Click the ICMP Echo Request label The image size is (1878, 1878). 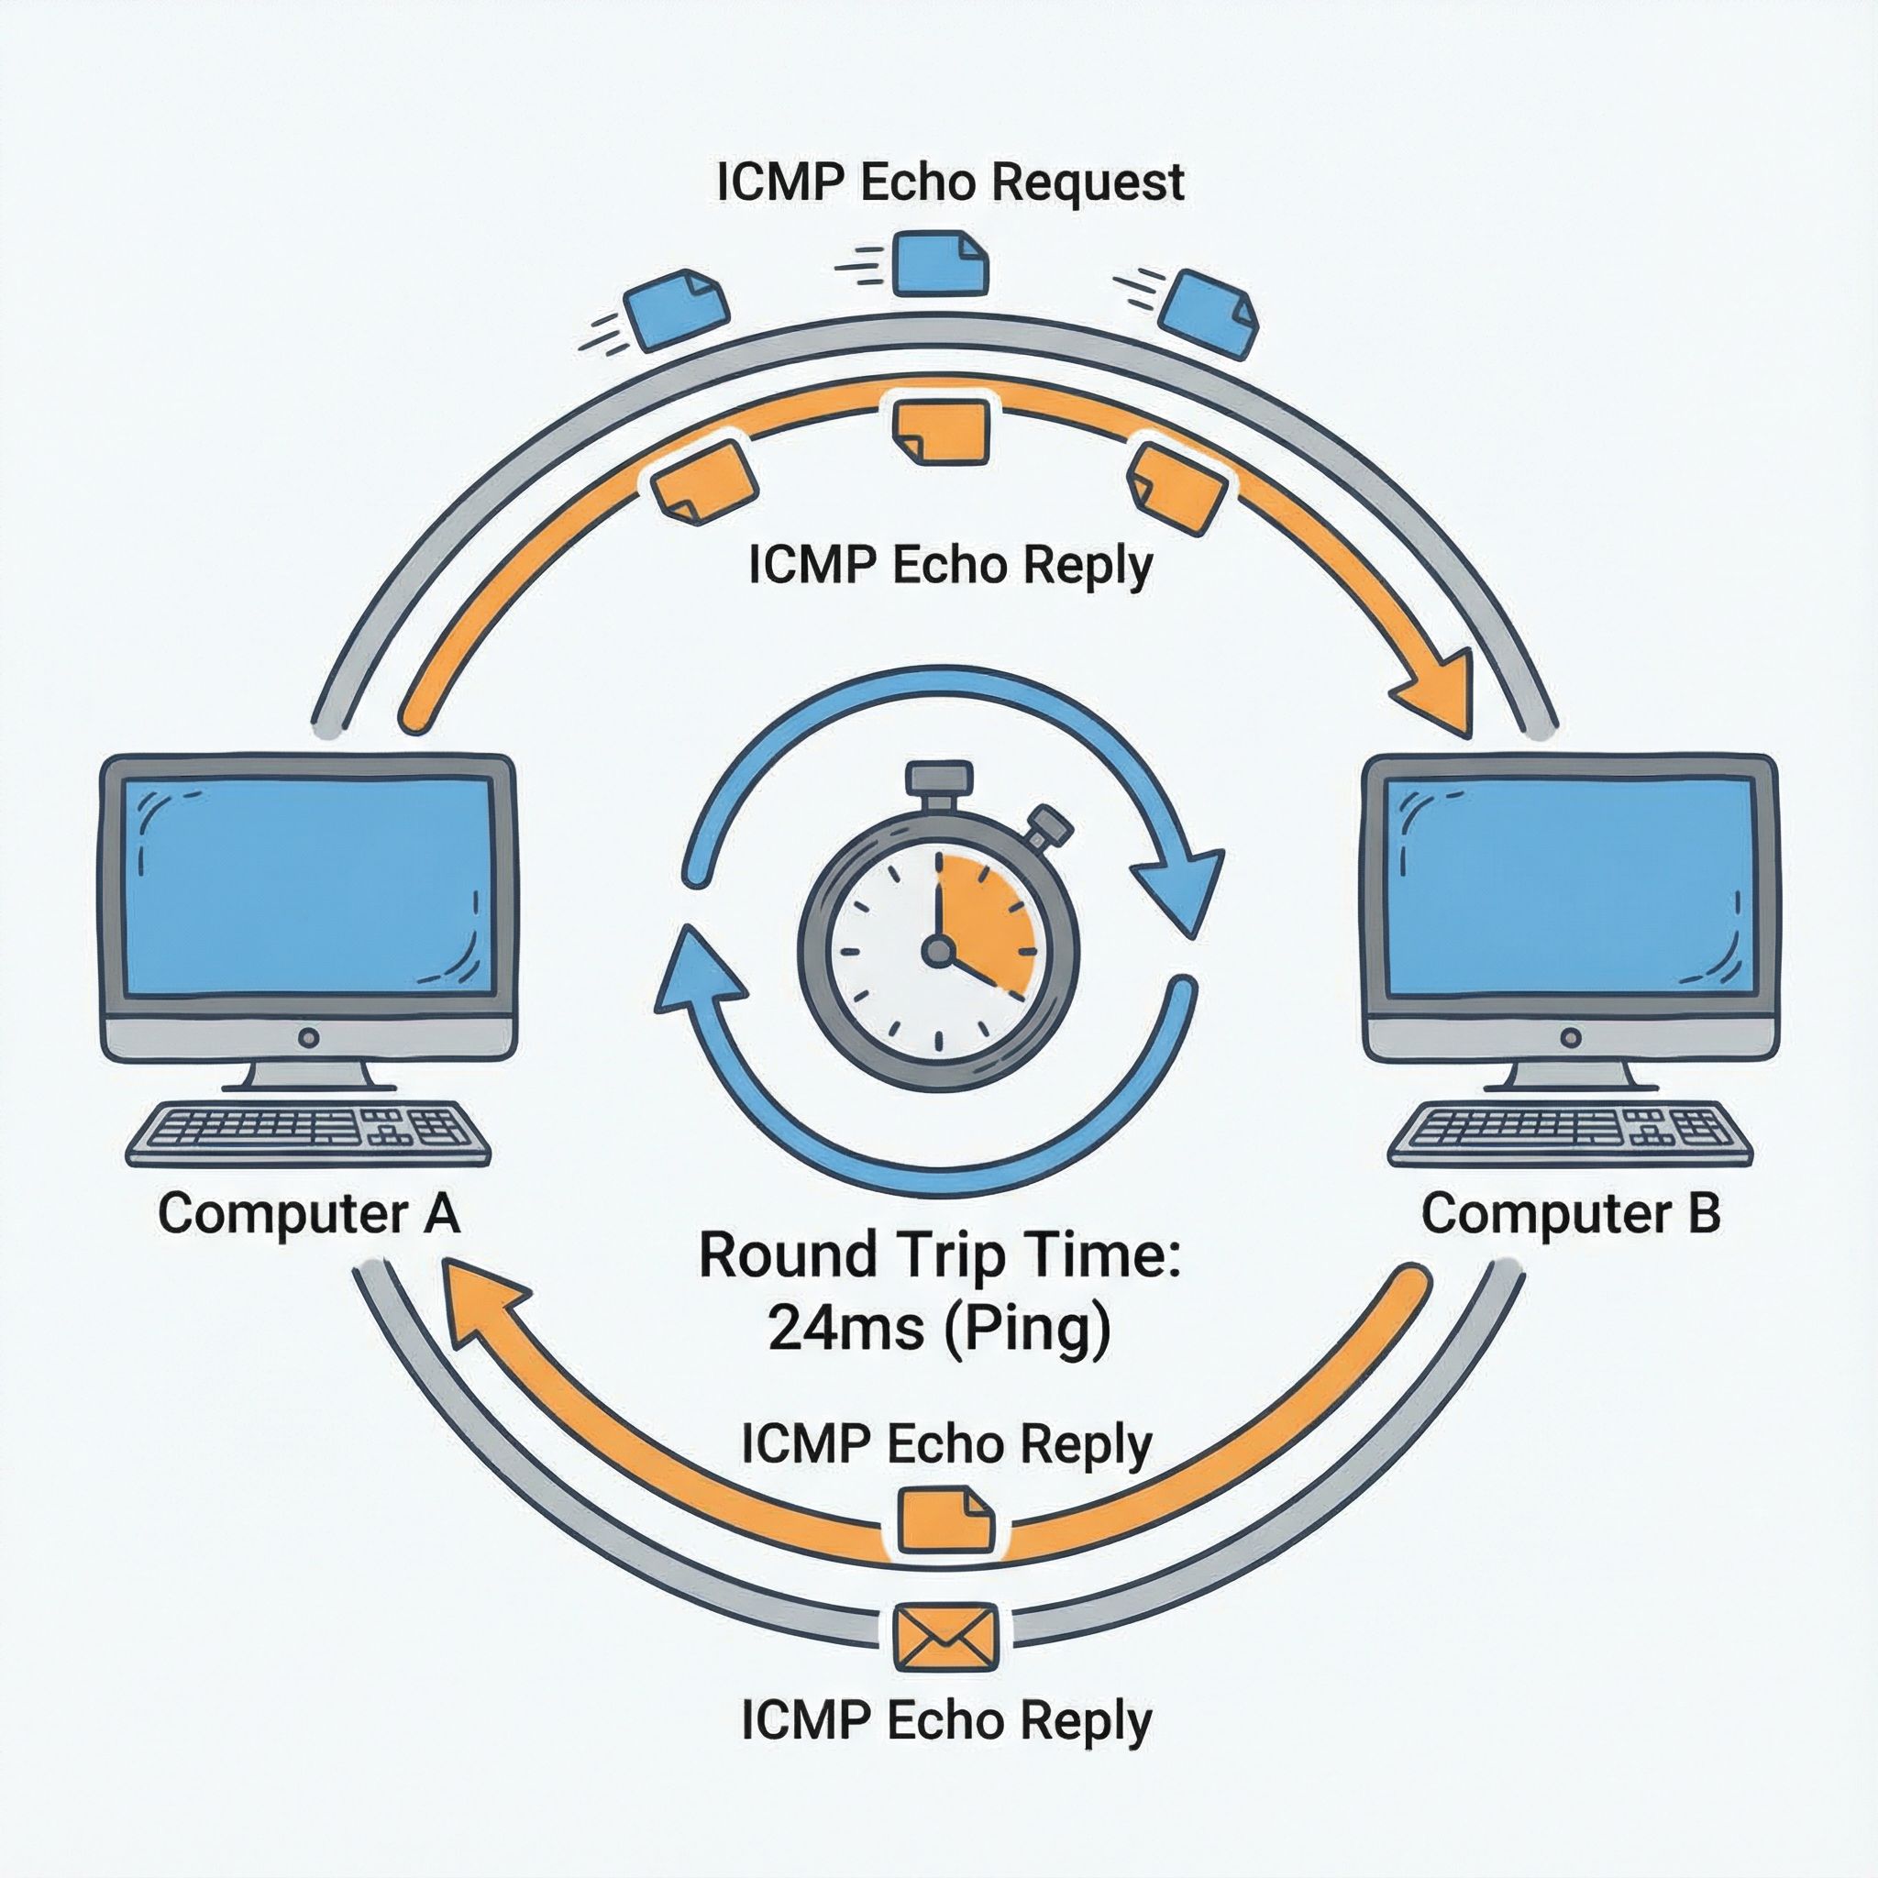point(950,182)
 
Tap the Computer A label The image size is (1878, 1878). point(308,1214)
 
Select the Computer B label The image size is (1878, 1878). point(1571,1214)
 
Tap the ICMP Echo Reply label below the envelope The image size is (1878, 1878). point(945,1721)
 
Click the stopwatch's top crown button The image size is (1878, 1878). point(938,779)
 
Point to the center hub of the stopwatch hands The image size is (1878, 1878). point(938,950)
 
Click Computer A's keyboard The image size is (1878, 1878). point(308,1133)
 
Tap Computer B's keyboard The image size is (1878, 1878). point(1569,1133)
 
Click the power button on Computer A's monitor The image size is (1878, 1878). point(309,1037)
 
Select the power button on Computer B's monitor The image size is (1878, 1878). point(1570,1037)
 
